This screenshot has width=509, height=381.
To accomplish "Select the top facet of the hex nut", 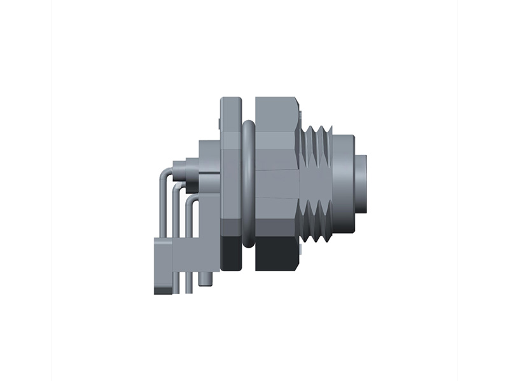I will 275,114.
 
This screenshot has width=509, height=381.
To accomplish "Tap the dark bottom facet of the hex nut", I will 277,254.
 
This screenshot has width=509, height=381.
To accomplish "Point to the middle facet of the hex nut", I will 276,184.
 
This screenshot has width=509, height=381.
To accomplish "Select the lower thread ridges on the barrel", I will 316,222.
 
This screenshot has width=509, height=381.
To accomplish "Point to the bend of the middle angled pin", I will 176,188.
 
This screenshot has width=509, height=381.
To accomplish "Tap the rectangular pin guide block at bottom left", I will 164,260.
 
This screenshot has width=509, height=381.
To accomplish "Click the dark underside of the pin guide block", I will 163,290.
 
